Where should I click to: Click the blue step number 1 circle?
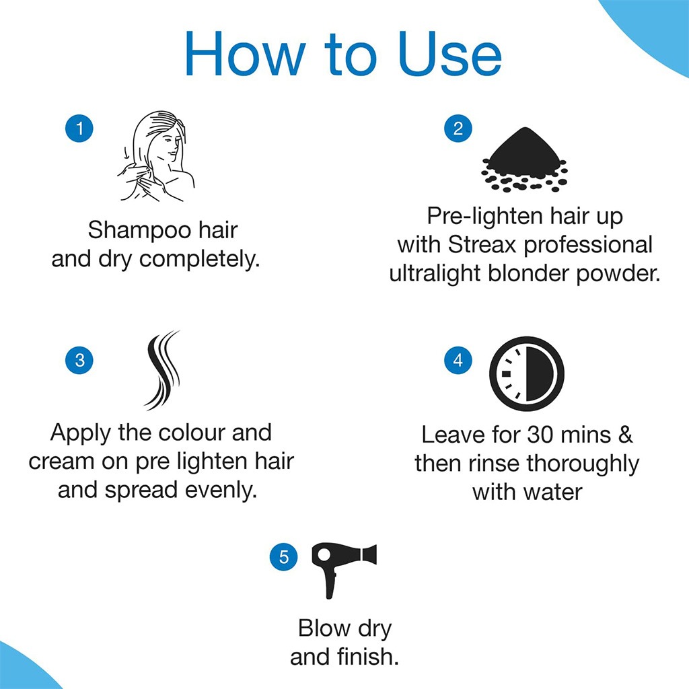[x=79, y=129]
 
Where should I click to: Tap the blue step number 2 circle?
[x=458, y=129]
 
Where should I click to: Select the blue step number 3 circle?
[x=79, y=360]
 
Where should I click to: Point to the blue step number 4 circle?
[x=458, y=360]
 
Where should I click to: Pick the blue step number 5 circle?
[x=283, y=556]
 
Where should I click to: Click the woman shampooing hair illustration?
[x=157, y=157]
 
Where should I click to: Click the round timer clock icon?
[x=526, y=373]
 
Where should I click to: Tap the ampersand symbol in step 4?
[x=624, y=435]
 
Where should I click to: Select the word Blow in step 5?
[x=324, y=628]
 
